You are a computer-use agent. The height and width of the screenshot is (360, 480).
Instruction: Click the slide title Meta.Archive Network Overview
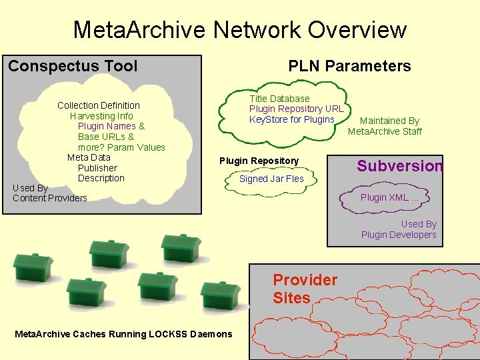coord(239,29)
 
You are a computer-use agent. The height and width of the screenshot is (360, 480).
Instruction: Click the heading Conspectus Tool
coord(73,66)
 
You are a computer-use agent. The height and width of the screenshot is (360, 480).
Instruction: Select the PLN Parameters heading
coord(349,66)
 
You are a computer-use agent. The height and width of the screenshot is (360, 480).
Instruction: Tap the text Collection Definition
coord(99,105)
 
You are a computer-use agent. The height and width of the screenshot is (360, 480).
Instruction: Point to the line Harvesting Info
coord(101,116)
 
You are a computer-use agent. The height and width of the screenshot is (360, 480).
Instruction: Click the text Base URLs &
coord(106,137)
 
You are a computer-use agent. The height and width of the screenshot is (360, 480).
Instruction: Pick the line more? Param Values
coord(121,147)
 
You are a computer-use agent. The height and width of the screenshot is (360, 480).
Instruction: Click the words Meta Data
coord(89,157)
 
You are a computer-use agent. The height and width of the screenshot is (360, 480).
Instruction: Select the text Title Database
coord(279,99)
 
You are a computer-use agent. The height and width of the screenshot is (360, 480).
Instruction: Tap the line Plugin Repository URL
coord(296,109)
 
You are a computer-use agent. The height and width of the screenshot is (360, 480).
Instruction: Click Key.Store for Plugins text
coord(291,119)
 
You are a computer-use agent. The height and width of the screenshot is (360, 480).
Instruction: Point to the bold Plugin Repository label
coord(259,161)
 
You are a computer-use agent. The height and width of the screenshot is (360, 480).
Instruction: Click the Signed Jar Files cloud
coord(271,179)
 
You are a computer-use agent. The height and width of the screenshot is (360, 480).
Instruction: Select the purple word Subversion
coord(399,166)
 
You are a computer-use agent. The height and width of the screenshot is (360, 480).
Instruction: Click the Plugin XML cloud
coord(389,197)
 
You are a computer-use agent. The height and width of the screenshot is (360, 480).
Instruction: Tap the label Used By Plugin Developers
coord(399,229)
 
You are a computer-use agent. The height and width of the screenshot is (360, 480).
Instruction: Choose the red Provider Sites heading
coord(305,289)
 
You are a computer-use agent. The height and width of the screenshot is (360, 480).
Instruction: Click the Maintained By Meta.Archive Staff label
coord(385,126)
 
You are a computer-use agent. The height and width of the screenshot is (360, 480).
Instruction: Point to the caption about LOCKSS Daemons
coord(123,334)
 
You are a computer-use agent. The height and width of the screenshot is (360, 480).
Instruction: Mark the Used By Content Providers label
coord(49,193)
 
